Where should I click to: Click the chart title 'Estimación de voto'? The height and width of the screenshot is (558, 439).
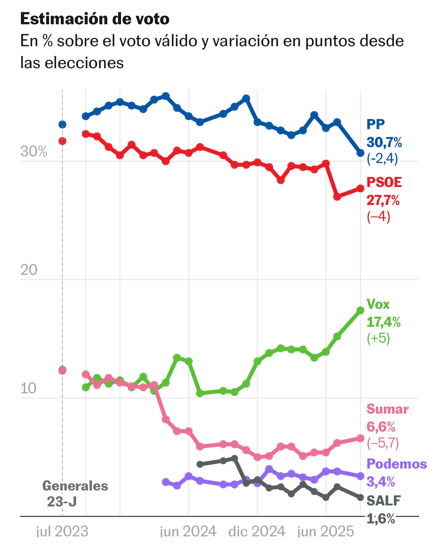point(95,19)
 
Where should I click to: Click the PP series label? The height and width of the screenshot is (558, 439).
point(375,124)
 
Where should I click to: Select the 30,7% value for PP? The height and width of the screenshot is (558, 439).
point(384,142)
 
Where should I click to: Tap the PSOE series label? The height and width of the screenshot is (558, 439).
point(384,182)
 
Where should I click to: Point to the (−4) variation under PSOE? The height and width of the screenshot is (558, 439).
point(378,217)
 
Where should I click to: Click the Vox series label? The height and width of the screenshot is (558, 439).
point(378,304)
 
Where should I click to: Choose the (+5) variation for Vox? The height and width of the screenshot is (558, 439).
point(378,338)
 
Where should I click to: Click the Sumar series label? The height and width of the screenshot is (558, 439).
point(387,409)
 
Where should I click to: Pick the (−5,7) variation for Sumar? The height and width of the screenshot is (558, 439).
point(382,443)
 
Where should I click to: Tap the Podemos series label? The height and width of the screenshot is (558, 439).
point(396,464)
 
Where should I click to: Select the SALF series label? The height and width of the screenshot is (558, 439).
point(384,501)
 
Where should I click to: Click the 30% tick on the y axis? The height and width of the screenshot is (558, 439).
point(34,152)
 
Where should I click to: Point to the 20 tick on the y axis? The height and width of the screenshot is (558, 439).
point(29,270)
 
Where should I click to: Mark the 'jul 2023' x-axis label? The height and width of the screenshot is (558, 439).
point(62,532)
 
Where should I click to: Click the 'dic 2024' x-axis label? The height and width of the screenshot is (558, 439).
point(257,532)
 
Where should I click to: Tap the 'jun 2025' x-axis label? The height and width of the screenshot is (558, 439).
point(326,532)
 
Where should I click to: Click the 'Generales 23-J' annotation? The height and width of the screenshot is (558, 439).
point(75,493)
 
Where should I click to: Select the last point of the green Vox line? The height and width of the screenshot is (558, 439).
point(361,310)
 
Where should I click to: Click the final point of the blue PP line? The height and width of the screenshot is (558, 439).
point(361,153)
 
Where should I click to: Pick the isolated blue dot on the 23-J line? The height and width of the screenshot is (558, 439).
point(63,124)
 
